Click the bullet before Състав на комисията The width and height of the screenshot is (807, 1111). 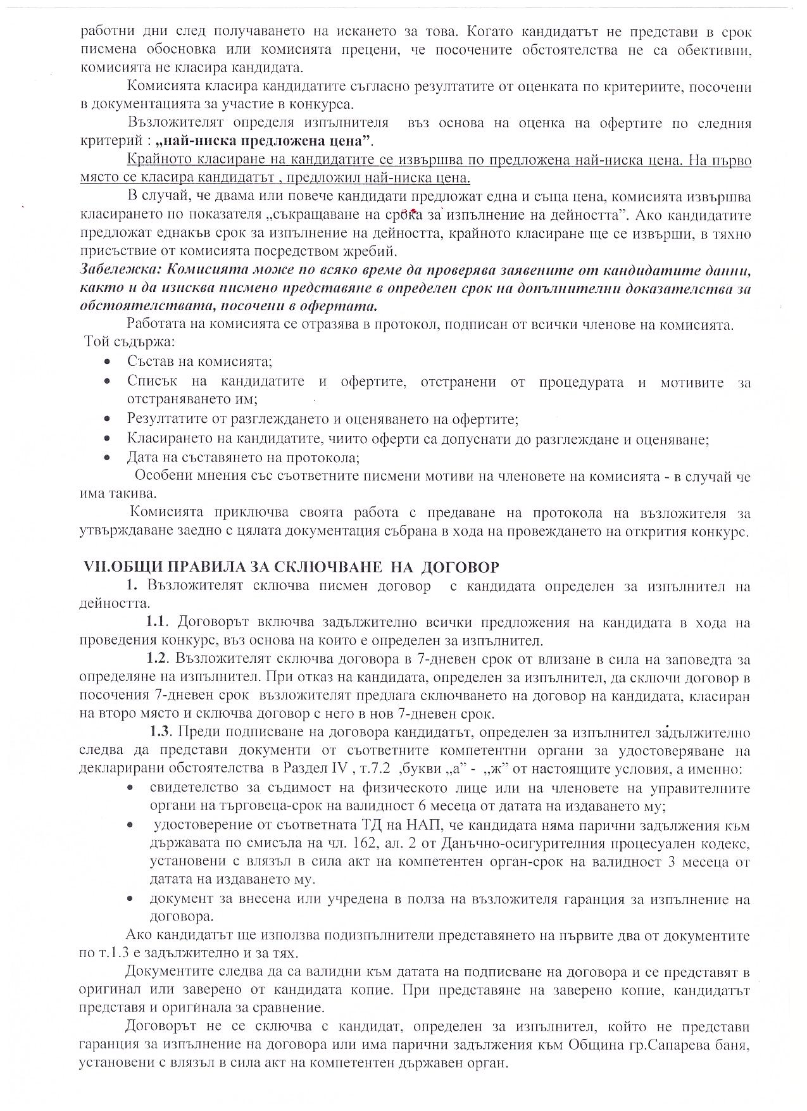pos(109,362)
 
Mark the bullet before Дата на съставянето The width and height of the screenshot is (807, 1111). pos(109,457)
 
